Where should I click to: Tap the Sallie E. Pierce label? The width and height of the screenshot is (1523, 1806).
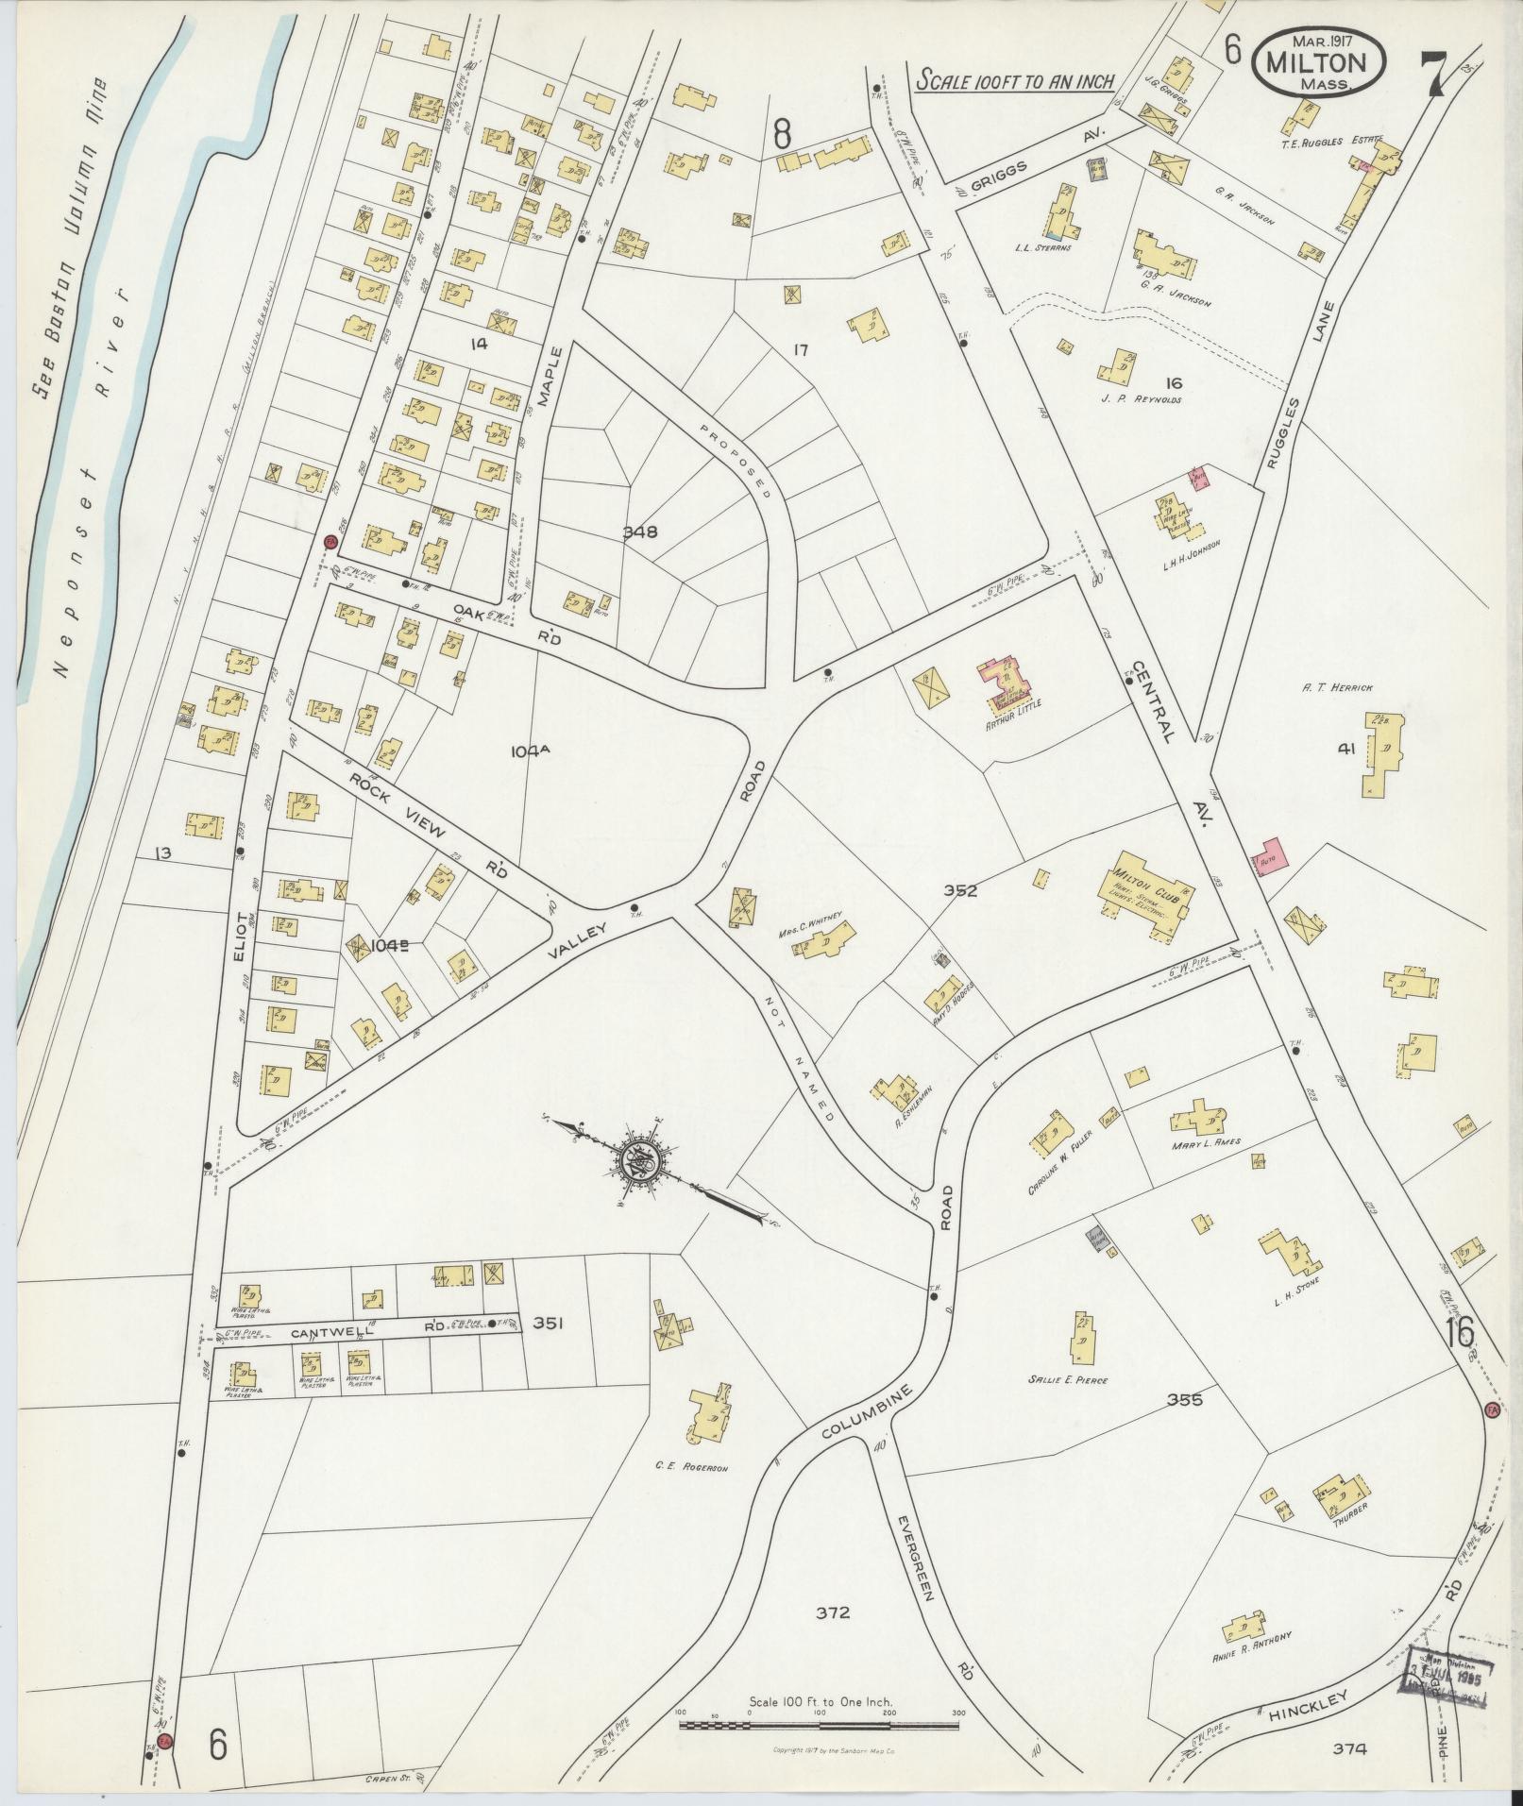(1067, 1379)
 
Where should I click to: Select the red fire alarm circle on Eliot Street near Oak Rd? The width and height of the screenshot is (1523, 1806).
(330, 542)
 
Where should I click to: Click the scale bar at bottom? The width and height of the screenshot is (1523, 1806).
(819, 1724)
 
